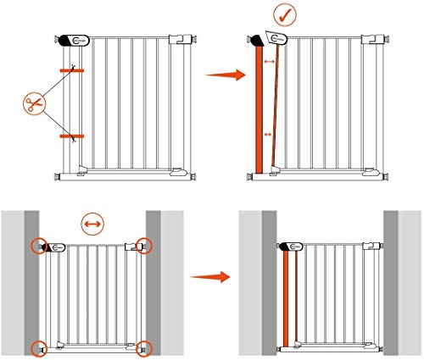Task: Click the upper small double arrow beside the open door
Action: [270, 63]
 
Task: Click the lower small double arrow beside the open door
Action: [269, 134]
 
